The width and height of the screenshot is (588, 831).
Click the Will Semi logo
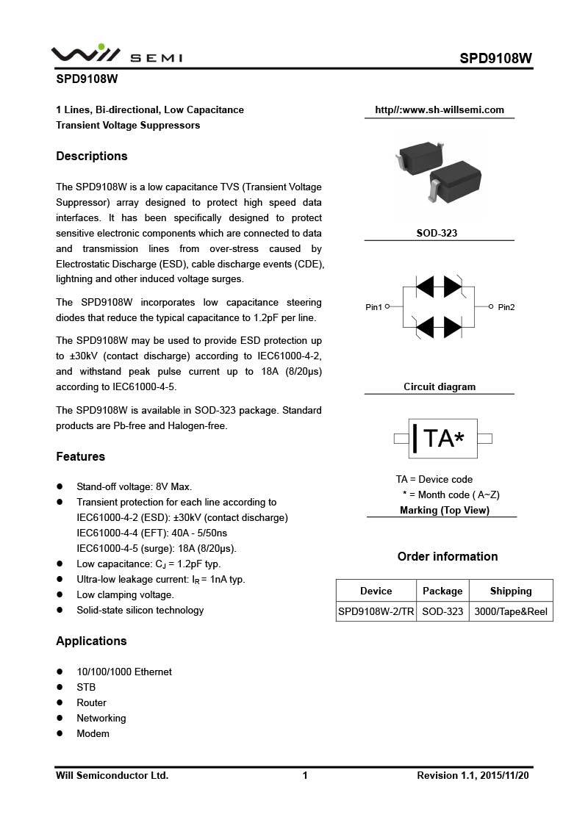click(x=116, y=54)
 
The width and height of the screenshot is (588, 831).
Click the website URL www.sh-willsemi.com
click(x=440, y=110)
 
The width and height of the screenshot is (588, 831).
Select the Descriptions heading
click(x=92, y=156)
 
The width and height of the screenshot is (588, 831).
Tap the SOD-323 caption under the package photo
click(x=437, y=233)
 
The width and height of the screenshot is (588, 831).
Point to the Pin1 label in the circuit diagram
click(x=374, y=307)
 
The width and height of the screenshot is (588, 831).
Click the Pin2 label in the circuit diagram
click(x=506, y=307)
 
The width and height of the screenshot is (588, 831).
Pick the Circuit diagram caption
click(x=440, y=386)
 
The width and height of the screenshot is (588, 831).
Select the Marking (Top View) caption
click(x=445, y=510)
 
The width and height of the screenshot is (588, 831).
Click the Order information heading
click(x=448, y=556)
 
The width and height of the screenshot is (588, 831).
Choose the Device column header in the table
click(x=376, y=591)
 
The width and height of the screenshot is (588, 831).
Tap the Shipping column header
click(x=511, y=591)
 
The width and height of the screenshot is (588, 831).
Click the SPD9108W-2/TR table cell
click(x=376, y=611)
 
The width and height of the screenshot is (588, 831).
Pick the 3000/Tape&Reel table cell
click(x=511, y=611)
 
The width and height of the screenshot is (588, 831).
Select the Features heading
click(x=81, y=456)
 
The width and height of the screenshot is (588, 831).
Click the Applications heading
click(x=91, y=641)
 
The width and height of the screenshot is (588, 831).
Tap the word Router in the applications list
click(x=91, y=702)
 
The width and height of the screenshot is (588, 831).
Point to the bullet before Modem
click(x=60, y=734)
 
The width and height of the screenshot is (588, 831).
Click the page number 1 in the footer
click(x=305, y=775)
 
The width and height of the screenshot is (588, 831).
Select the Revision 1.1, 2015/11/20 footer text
click(x=473, y=775)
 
